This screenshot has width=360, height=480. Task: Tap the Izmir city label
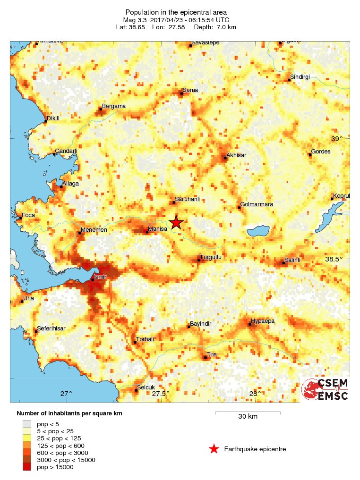pos(101,277)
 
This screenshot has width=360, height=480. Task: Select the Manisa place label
pos(157,229)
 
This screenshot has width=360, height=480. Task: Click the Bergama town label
pos(114,106)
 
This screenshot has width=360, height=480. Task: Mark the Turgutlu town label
pos(211,257)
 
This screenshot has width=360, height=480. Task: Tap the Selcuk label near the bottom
pos(146,388)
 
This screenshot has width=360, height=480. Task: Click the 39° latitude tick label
pos(337,139)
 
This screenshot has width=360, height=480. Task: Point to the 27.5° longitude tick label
pos(160,394)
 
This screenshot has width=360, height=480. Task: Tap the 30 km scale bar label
pos(248,417)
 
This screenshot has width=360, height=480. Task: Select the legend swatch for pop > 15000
pos(27,467)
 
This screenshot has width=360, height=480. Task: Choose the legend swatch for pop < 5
pos(27,424)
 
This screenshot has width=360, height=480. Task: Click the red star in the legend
pos(214,449)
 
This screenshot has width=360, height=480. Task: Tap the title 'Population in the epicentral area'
pos(176,12)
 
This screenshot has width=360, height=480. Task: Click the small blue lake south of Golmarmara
pos(258,231)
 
